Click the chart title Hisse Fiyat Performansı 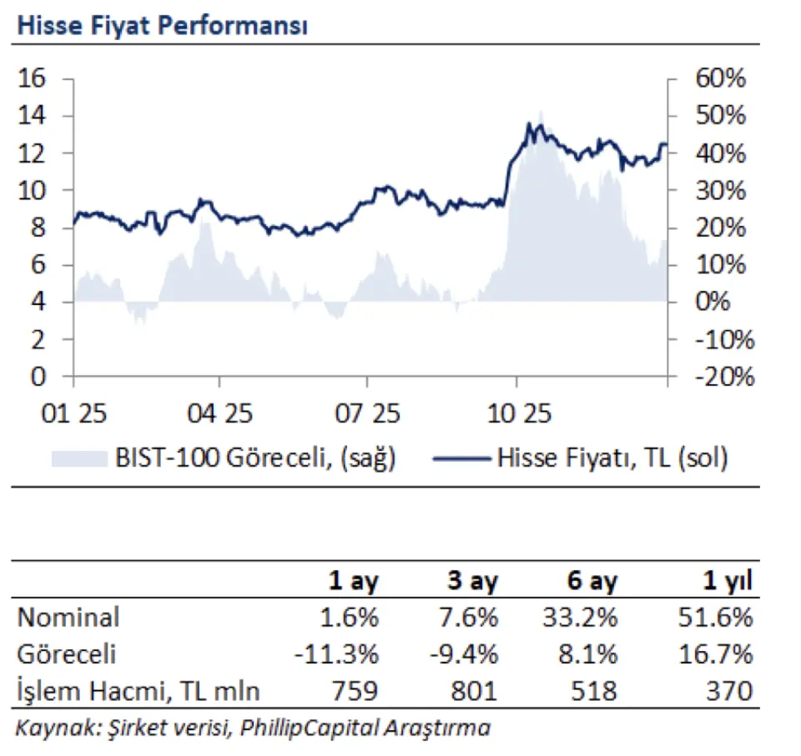[162, 26]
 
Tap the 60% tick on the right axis [718, 78]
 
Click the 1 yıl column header [726, 581]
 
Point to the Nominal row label [68, 618]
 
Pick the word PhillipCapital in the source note [310, 728]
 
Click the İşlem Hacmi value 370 [732, 690]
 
